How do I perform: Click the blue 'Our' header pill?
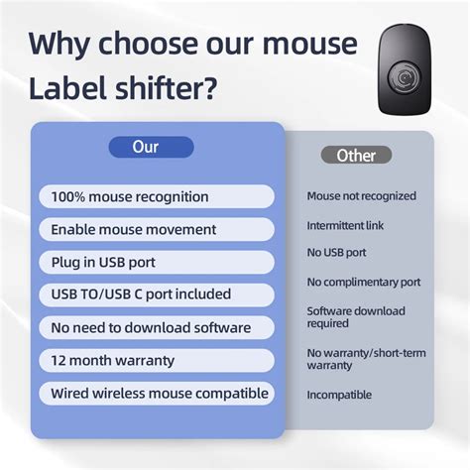tap(145, 147)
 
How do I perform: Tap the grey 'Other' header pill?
tap(356, 155)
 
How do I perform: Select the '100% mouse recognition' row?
tap(157, 196)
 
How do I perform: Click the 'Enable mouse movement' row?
tap(157, 229)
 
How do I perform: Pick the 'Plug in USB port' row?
tap(157, 262)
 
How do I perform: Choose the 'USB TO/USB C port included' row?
tap(157, 294)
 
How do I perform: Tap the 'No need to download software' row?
tap(157, 327)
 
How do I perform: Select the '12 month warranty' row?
tap(157, 360)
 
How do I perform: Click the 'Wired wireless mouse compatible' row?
tap(157, 393)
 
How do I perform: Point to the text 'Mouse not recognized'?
tap(361, 196)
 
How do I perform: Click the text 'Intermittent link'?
tap(345, 225)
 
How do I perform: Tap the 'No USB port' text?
tap(336, 253)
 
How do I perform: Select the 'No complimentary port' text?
tap(364, 282)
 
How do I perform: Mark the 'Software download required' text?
tap(355, 316)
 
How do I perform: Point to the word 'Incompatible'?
tap(339, 395)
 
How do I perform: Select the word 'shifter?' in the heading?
tap(180, 91)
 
